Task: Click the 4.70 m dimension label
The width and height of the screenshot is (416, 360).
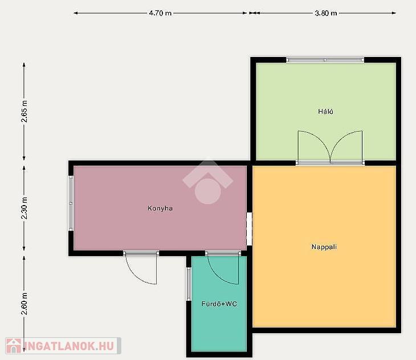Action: (x=160, y=13)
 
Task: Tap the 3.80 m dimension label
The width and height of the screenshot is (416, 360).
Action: (x=326, y=13)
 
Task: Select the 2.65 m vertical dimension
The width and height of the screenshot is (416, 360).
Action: (x=24, y=111)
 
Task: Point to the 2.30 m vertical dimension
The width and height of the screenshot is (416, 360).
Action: (x=24, y=208)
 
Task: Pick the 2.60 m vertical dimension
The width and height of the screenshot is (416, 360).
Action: (x=24, y=304)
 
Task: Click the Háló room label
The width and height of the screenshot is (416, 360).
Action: (x=325, y=111)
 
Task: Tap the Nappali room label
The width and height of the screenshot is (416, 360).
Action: (x=324, y=247)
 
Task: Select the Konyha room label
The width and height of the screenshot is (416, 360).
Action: (x=160, y=208)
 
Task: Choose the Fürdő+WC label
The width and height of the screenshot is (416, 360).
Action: (x=219, y=304)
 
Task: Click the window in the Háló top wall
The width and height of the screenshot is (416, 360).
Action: (x=325, y=60)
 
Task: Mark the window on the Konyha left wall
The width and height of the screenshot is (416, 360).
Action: (x=71, y=203)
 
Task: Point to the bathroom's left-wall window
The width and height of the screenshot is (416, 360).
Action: (x=189, y=284)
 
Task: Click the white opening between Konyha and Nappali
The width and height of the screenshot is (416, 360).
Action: (x=249, y=229)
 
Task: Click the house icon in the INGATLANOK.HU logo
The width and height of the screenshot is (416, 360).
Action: (x=14, y=346)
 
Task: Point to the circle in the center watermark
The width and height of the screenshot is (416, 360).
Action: (x=208, y=191)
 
